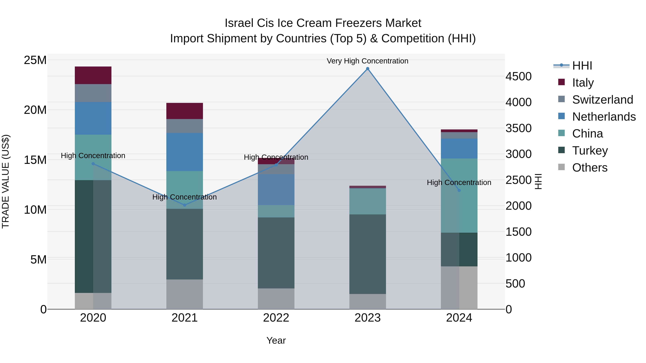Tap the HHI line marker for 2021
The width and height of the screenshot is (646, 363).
tap(185, 205)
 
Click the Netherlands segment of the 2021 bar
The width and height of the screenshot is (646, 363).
tap(185, 152)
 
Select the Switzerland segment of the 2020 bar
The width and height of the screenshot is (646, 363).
tap(93, 93)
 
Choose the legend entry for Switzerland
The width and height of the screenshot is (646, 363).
tap(602, 100)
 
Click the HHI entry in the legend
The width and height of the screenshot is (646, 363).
tap(582, 66)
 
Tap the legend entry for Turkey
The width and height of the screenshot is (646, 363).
tap(590, 151)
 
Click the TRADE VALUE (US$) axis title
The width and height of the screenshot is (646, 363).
tap(6, 181)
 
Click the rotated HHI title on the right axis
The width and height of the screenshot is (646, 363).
tap(538, 181)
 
